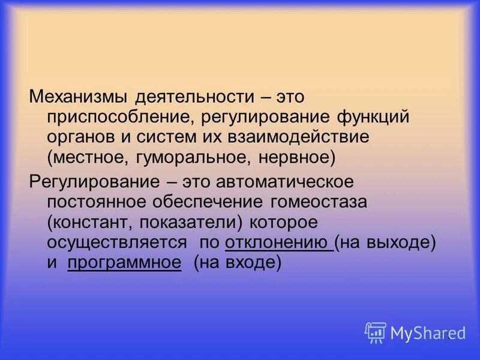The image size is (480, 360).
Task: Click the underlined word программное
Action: tap(124, 263)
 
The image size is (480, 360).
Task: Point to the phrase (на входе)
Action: tap(237, 263)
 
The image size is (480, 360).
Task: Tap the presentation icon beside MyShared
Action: tap(376, 332)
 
